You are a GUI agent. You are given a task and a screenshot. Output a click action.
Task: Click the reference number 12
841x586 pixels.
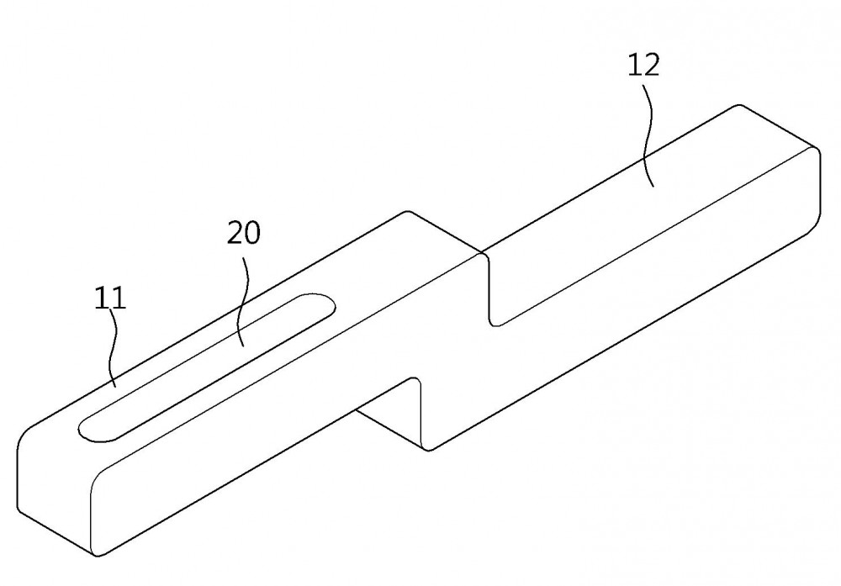(x=643, y=65)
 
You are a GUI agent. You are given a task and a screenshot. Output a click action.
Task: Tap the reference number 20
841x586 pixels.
(x=244, y=233)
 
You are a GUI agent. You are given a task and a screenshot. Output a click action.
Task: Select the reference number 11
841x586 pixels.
(x=110, y=298)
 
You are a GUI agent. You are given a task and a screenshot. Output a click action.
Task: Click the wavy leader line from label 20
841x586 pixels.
(x=244, y=300)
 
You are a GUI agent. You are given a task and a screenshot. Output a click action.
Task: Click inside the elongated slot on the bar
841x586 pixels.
(x=207, y=367)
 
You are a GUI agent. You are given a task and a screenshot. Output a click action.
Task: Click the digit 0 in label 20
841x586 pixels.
(x=252, y=233)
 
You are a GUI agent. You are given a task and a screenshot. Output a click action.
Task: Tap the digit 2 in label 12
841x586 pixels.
(x=651, y=65)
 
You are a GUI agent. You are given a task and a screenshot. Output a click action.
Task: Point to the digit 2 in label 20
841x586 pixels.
(x=235, y=233)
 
